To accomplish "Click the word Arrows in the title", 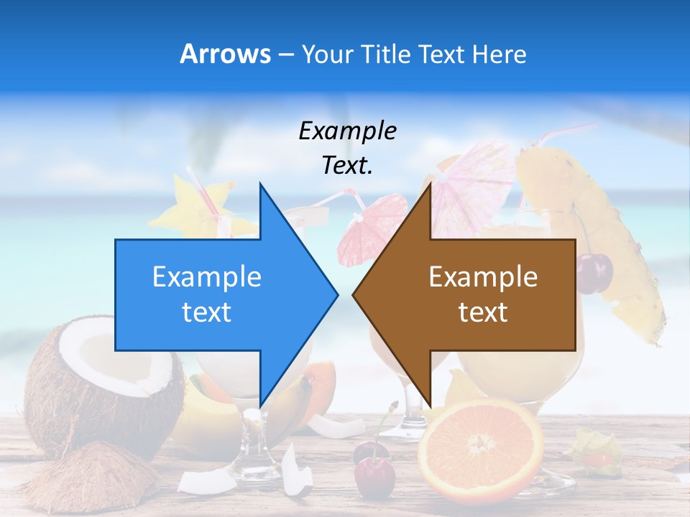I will coord(225,54).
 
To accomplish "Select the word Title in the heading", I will coord(385,54).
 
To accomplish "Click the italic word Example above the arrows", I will coord(347,131).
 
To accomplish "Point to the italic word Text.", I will coord(347,165).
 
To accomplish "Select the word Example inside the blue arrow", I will coord(207,276).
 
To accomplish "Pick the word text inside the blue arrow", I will coord(207,312).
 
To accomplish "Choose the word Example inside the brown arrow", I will coord(483,276).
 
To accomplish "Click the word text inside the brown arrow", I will coord(483,312).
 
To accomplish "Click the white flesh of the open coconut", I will coord(115,359).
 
